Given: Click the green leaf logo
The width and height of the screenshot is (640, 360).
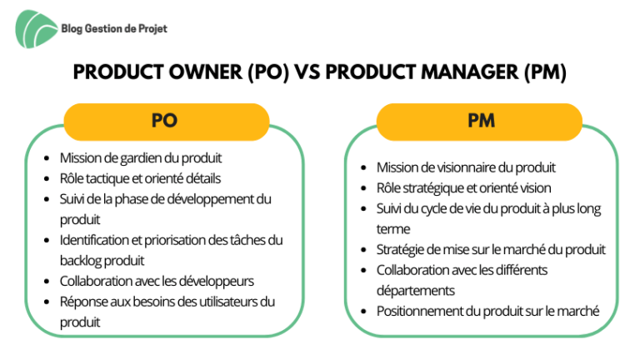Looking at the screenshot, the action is pyautogui.click(x=36, y=29).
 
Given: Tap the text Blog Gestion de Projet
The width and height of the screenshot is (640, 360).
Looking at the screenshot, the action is pyautogui.click(x=114, y=28).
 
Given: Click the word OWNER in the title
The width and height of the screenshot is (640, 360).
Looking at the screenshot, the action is pyautogui.click(x=205, y=72).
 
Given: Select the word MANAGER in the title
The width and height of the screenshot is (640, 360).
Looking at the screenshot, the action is pyautogui.click(x=470, y=72).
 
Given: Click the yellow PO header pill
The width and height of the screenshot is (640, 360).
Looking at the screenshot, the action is pyautogui.click(x=167, y=122).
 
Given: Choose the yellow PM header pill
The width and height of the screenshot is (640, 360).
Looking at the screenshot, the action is pyautogui.click(x=479, y=122).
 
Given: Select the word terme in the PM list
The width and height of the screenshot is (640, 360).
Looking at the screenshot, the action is pyautogui.click(x=393, y=229).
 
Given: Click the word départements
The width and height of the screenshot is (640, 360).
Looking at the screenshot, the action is pyautogui.click(x=416, y=291).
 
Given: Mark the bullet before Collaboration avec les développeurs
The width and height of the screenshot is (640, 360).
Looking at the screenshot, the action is pyautogui.click(x=47, y=282).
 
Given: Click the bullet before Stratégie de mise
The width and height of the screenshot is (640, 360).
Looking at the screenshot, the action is pyautogui.click(x=363, y=250).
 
